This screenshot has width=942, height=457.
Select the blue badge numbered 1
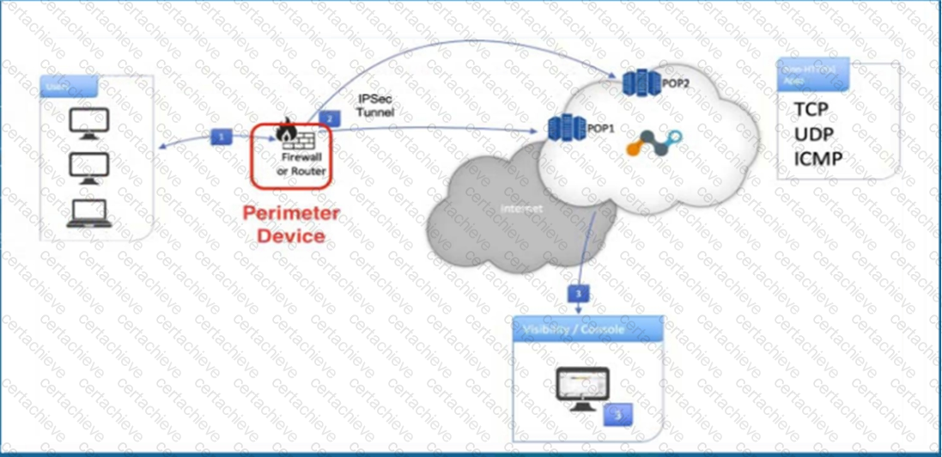(222, 136)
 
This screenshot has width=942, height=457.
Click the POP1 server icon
(565, 129)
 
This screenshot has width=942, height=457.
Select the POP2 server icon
(640, 82)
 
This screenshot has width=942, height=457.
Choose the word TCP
(812, 109)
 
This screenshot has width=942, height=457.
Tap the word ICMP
(817, 158)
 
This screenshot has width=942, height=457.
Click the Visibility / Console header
(573, 329)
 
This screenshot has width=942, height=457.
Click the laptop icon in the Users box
(90, 212)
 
